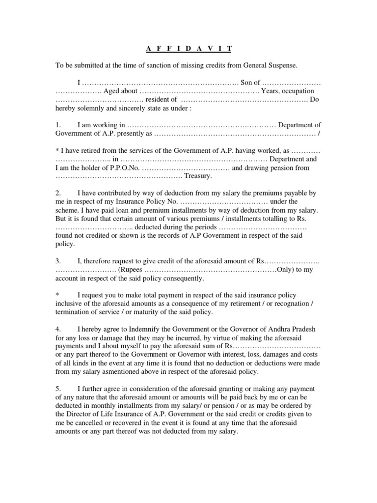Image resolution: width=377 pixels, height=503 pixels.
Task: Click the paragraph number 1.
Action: tap(58, 125)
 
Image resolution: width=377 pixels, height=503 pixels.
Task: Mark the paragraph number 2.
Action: tap(58, 193)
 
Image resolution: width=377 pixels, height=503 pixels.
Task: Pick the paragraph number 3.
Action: tap(58, 261)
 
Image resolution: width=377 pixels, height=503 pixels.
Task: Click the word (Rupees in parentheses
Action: tap(132, 270)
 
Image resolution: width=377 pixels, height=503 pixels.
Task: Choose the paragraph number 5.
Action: tap(58, 389)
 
